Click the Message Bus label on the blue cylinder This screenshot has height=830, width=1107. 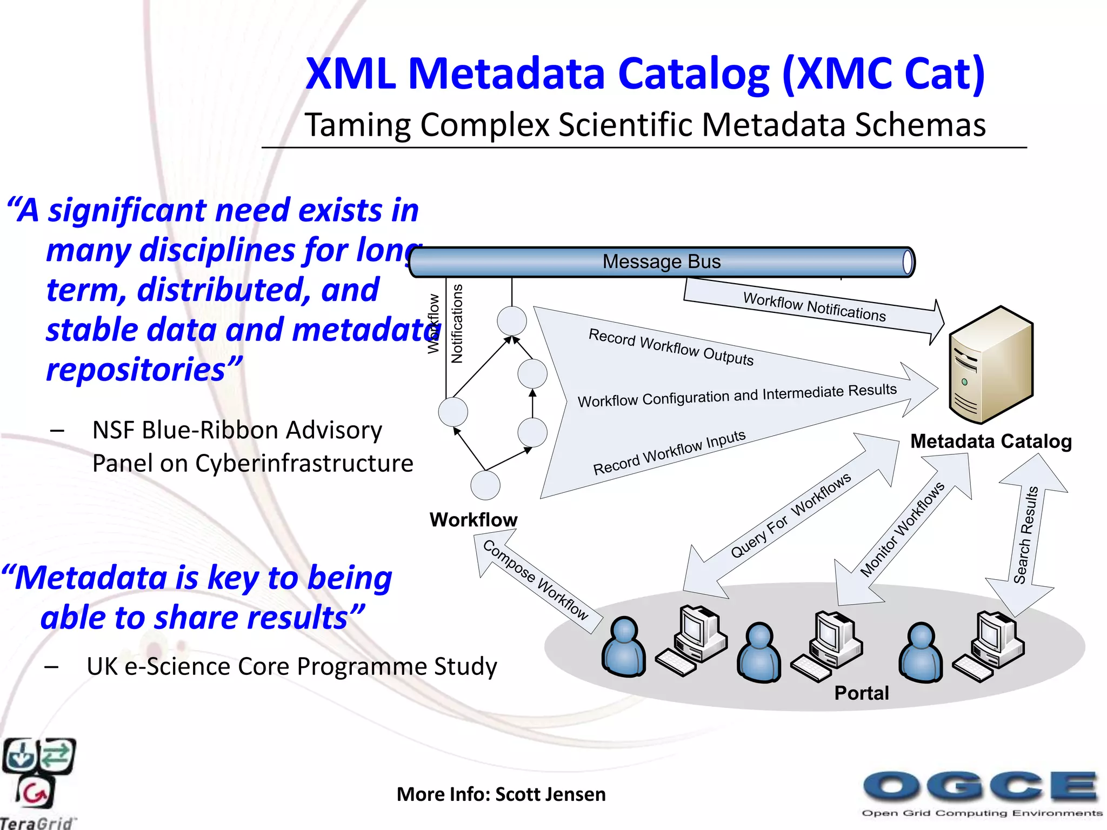point(661,262)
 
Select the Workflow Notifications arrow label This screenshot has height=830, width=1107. point(814,306)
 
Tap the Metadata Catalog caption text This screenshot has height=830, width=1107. point(991,441)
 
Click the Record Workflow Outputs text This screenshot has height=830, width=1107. point(671,347)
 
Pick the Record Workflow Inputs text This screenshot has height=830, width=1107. point(669,453)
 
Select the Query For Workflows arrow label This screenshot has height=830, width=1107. point(790,515)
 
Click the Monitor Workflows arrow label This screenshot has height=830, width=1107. point(902,529)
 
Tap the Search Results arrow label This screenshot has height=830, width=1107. point(1026,535)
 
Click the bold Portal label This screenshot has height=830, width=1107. point(861,693)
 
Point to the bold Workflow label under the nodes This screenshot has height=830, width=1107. point(474,520)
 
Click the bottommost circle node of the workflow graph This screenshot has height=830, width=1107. point(485,485)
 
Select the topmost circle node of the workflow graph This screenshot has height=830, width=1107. point(512,321)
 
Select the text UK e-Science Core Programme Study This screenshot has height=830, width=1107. point(291,666)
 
